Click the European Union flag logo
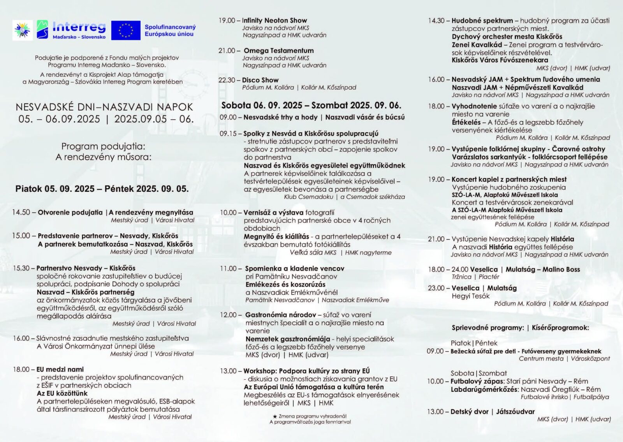point(125,30)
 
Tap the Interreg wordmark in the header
point(79,27)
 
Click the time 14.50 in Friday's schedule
point(21,212)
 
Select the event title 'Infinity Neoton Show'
point(274,20)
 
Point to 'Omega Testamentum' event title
point(278,51)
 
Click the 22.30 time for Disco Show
point(227,80)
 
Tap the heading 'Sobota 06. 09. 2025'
point(262,105)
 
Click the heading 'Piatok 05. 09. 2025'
point(55,189)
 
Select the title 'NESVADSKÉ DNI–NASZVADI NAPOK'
point(104,107)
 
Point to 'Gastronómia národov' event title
point(280,315)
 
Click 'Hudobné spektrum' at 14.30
point(482,21)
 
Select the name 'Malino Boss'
point(561,269)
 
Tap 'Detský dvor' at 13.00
point(469,412)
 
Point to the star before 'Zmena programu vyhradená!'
point(275,416)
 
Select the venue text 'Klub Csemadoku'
point(308,197)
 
